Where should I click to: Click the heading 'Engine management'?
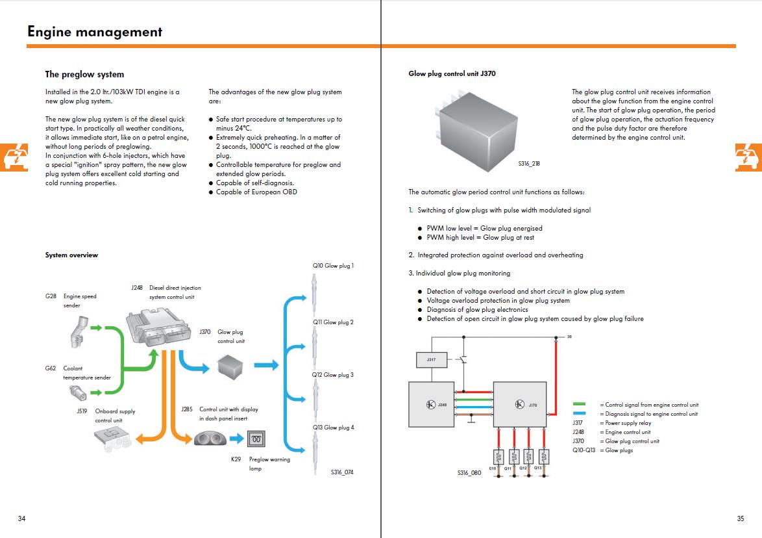[x=95, y=32]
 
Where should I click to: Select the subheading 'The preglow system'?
[x=84, y=75]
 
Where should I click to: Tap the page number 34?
[x=22, y=519]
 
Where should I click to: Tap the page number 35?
[x=740, y=519]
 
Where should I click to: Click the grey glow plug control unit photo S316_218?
[x=477, y=131]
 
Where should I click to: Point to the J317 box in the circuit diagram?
[x=432, y=360]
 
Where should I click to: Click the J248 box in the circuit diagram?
[x=432, y=404]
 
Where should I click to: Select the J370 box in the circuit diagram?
[x=520, y=404]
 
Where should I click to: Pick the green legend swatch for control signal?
[x=579, y=404]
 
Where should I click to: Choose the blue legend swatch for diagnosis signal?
[x=579, y=413]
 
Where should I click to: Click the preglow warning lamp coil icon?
[x=256, y=439]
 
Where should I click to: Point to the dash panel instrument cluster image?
[x=210, y=439]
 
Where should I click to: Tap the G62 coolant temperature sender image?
[x=79, y=392]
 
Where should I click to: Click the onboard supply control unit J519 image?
[x=113, y=439]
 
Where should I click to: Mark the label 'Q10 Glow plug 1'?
[x=334, y=266]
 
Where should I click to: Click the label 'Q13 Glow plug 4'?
[x=334, y=428]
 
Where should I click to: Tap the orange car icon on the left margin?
[x=14, y=157]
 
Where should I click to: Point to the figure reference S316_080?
[x=469, y=473]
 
